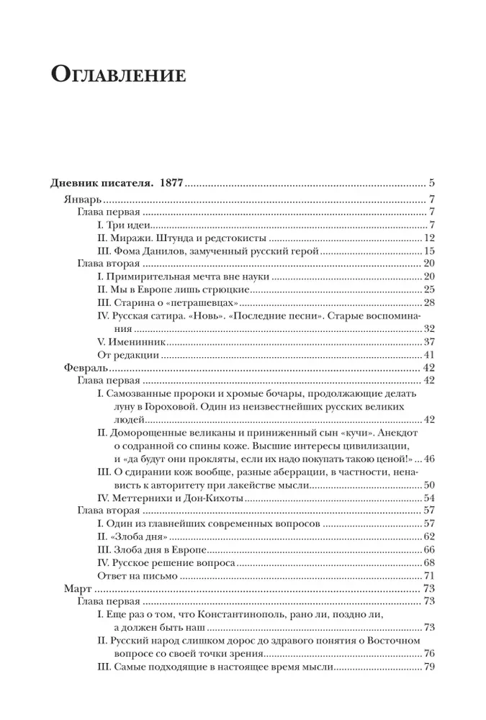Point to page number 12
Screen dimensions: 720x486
(431, 238)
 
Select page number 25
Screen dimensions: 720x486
(431, 289)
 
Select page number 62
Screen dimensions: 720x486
(431, 536)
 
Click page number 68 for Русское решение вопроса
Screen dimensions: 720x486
(431, 562)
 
